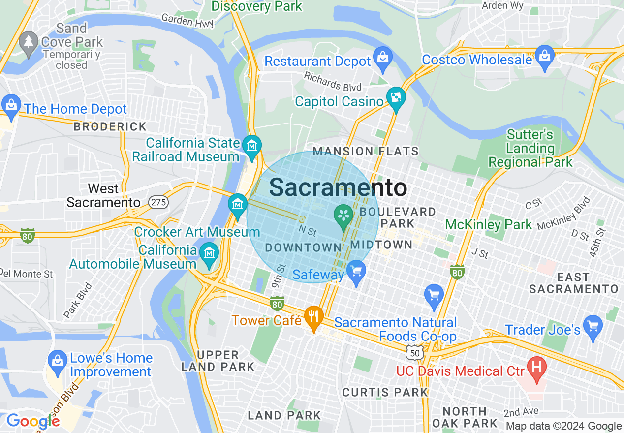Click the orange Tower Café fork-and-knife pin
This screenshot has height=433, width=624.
(313, 315)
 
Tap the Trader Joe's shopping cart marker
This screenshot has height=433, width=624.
(593, 325)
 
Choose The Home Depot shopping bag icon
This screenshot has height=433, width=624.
(10, 105)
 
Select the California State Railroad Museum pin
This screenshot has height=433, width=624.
(252, 146)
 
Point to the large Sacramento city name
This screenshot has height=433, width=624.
(338, 187)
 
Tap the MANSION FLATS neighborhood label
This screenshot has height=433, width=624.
(366, 151)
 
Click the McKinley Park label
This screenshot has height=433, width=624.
(488, 225)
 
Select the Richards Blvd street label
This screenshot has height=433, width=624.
(333, 82)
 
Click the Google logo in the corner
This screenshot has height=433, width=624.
(33, 421)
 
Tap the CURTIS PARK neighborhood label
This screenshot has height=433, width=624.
(385, 392)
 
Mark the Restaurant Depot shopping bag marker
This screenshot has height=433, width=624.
(382, 57)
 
